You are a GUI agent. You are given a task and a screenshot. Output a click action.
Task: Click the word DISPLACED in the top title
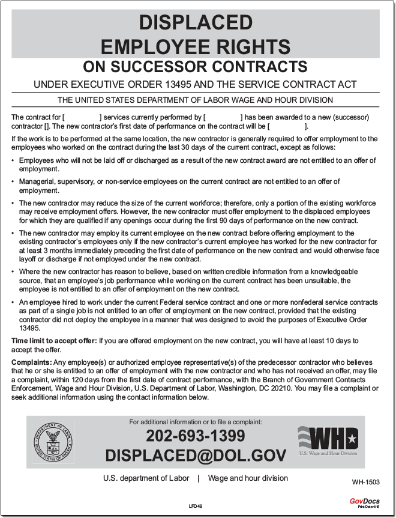(196, 23)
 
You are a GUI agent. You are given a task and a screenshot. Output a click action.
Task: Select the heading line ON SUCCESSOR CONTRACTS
(196, 66)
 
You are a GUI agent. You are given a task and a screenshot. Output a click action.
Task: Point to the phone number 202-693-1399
(196, 436)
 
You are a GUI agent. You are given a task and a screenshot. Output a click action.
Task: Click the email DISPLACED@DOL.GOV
(196, 456)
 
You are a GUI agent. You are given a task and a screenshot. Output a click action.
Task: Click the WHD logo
(328, 439)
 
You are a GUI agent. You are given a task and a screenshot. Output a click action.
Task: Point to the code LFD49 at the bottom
(196, 507)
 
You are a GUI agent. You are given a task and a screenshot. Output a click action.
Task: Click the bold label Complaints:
(31, 364)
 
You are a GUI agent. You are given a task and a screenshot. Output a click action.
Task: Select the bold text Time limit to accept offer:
(53, 341)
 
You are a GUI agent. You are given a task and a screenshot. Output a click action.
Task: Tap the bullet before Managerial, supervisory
(14, 182)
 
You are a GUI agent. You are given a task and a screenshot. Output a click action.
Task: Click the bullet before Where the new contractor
(14, 272)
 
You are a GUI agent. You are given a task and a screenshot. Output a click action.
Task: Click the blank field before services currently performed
(82, 117)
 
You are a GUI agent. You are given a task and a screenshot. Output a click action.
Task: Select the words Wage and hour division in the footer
(248, 478)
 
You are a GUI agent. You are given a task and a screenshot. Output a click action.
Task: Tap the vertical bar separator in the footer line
(199, 478)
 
